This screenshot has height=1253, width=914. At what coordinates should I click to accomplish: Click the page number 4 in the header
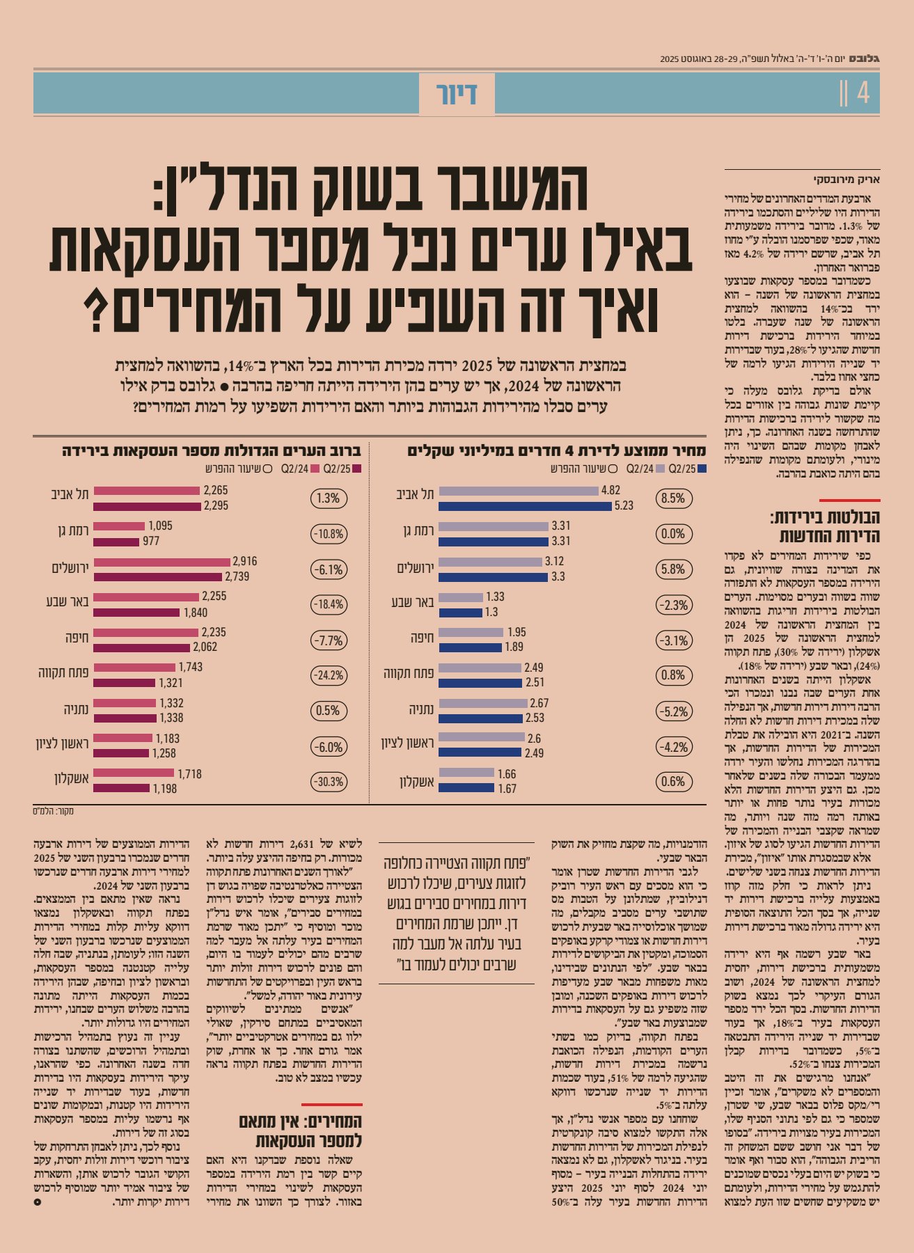click(x=862, y=93)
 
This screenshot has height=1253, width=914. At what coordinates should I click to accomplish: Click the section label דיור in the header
click(x=457, y=94)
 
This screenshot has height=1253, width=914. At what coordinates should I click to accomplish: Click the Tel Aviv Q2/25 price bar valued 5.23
click(x=525, y=506)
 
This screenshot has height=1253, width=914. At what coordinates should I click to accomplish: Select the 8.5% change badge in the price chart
click(x=673, y=498)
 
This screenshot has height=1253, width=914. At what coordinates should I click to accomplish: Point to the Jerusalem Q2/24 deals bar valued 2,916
click(x=161, y=562)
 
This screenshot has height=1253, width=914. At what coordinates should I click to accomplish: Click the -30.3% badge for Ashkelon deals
click(x=329, y=782)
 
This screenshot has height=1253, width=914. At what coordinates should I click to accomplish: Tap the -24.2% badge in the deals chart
click(x=329, y=675)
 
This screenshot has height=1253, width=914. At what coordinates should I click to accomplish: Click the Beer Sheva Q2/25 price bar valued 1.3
click(x=460, y=613)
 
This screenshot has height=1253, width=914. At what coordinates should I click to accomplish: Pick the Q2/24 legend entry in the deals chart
click(x=299, y=469)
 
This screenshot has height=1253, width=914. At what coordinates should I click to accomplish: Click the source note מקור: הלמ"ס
click(x=54, y=811)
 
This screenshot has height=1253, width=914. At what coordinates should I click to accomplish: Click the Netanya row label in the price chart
click(x=421, y=710)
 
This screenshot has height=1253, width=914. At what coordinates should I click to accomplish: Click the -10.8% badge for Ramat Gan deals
click(x=329, y=534)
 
